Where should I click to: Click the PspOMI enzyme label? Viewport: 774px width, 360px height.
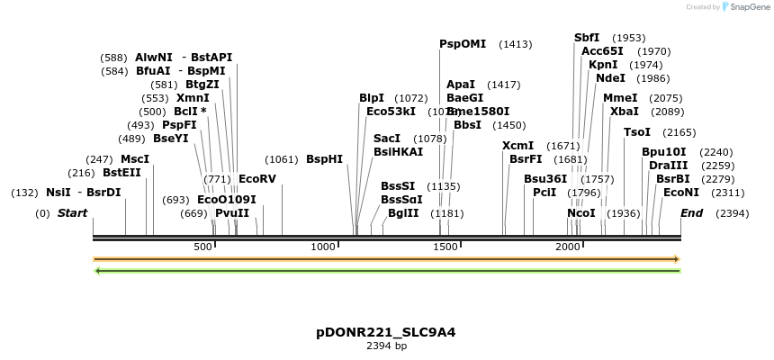coord(463,43)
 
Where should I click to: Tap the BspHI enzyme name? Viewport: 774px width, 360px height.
coord(324,159)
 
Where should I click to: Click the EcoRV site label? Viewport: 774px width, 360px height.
coord(256,179)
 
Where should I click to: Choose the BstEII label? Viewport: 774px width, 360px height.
coord(121,173)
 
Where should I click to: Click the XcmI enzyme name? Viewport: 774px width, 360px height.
coord(517,146)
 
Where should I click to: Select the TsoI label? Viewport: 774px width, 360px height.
coord(637,132)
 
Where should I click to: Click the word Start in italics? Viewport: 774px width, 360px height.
coord(73,213)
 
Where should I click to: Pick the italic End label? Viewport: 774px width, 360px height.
coord(691,213)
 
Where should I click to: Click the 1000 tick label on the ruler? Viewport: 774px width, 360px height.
coord(323,247)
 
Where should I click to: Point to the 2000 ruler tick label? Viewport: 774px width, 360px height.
coord(568,247)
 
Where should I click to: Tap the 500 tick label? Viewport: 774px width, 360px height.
coord(202,247)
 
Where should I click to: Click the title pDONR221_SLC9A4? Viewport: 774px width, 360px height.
coord(385,332)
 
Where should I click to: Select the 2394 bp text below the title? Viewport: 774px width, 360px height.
coord(386,346)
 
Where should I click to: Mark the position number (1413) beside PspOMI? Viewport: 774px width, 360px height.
coord(516,44)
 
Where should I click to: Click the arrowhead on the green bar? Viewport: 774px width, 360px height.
coord(97,270)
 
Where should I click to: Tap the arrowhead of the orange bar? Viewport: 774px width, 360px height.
coord(676,259)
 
